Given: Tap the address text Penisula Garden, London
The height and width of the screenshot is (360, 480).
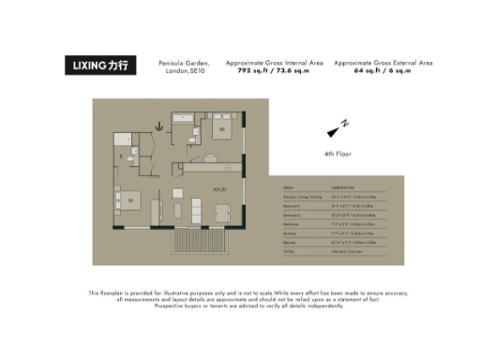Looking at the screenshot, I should (185, 67).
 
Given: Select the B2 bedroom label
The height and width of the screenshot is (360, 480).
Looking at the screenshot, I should (222, 128).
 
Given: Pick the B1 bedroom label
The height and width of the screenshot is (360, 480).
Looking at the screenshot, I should (130, 200).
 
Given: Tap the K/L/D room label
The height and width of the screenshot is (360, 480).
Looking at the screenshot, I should (219, 190).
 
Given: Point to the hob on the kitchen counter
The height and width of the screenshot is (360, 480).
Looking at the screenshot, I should (228, 167).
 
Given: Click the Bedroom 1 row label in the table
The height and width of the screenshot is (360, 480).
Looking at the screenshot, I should (292, 205).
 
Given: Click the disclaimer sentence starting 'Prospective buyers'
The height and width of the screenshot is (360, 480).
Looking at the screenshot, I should (241, 307).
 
